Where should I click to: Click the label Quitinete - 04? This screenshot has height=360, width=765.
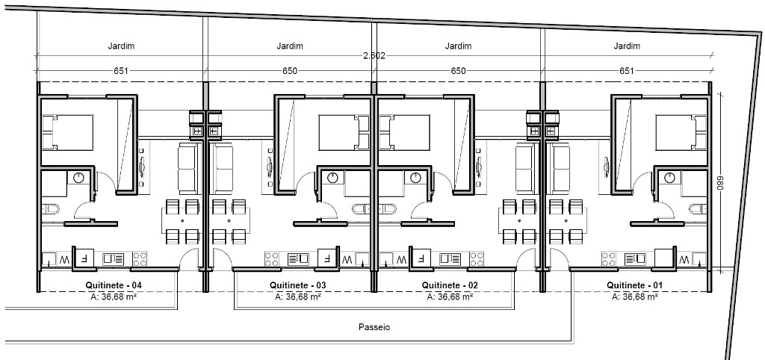pos(114,285)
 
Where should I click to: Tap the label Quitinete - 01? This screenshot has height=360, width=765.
pos(635,285)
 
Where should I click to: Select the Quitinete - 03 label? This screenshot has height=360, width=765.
pos(297,285)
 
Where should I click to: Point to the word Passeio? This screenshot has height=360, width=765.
pos(374,327)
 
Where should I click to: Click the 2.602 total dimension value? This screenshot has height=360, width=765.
pos(374,55)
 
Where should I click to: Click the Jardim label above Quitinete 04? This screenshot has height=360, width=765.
pos(121,46)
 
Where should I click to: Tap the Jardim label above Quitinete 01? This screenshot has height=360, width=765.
pos(627,46)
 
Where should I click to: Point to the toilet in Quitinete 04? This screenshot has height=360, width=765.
pos(50,210)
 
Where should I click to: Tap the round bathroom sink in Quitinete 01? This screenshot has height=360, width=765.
pos(669,178)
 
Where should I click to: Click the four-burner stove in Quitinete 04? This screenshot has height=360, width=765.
pos(140,258)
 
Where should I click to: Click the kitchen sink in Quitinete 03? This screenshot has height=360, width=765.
pos(297,258)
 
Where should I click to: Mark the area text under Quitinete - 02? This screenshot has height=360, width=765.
pos(449,296)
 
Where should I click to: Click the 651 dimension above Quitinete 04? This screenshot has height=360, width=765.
pos(120,71)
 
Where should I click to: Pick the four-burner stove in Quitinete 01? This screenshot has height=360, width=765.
pos(608,258)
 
